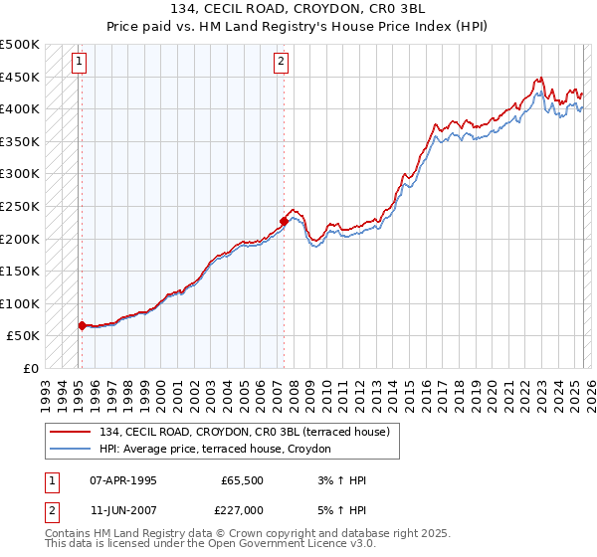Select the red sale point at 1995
82,325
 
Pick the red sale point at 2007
284,222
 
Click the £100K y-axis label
20,303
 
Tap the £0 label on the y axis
29,368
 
